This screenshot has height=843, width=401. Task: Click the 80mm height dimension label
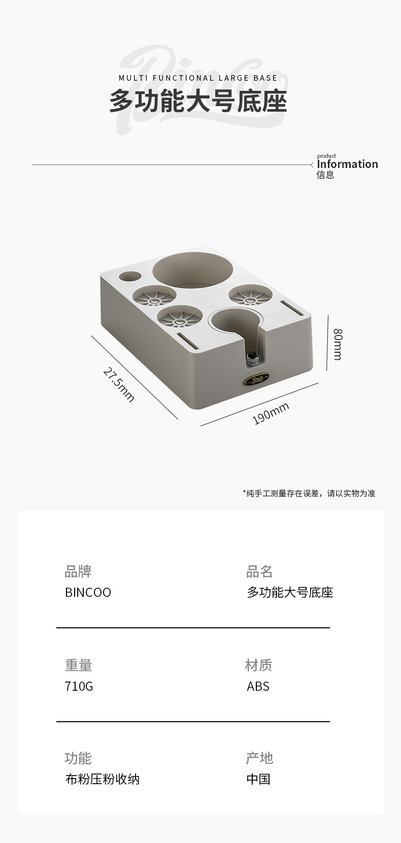[338, 344]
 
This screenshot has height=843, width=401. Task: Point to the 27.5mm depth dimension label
[119, 385]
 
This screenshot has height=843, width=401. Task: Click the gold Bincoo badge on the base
[255, 379]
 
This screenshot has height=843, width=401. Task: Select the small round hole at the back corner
[130, 277]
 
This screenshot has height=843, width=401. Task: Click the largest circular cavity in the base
[193, 270]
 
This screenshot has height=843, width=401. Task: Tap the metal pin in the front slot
[251, 358]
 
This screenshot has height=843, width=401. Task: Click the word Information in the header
[347, 164]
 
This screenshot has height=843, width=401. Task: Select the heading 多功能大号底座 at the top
[198, 102]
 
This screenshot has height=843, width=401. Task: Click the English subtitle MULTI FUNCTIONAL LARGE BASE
[198, 78]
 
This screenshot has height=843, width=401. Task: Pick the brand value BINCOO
[88, 592]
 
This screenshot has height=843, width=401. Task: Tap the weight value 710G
[79, 686]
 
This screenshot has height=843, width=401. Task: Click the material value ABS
[258, 686]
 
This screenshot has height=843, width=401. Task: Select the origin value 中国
[258, 779]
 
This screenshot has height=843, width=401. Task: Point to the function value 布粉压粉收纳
[102, 779]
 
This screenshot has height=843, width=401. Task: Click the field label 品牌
[78, 571]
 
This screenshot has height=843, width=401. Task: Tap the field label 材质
[258, 665]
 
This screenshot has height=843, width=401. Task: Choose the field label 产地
[259, 758]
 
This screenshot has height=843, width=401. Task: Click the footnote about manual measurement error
[309, 493]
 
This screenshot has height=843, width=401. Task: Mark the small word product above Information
[326, 156]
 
